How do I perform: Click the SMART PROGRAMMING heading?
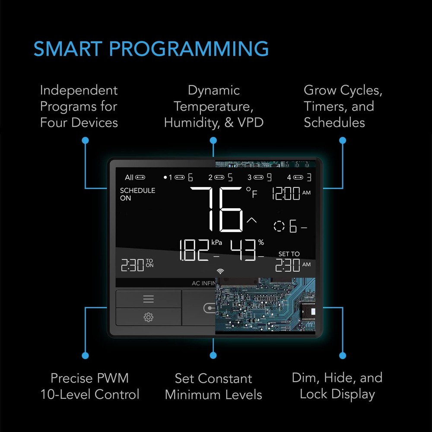pos(151,49)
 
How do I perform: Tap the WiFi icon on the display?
pos(220,271)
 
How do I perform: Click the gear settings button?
pos(148,318)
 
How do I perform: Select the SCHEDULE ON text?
pos(137,194)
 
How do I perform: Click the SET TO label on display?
pos(289,254)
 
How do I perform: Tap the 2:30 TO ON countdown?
pos(137,265)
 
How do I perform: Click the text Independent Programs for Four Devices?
pos(79,106)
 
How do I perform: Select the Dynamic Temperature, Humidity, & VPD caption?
pos(213,106)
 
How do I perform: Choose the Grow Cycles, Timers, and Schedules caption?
pos(343,106)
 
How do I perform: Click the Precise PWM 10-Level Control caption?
pos(90,386)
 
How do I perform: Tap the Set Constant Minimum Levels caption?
pos(213,386)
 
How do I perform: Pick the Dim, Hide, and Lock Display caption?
pos(337,386)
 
